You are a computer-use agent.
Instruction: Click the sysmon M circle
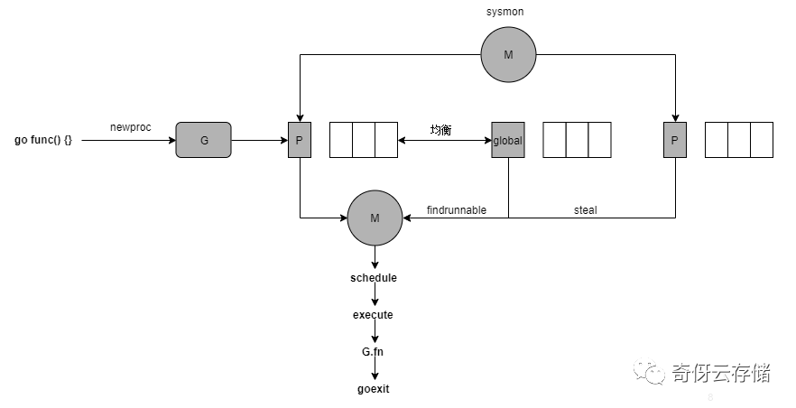(507, 54)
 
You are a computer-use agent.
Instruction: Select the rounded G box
(203, 140)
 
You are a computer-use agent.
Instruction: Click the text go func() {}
(42, 141)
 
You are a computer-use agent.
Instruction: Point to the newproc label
(131, 127)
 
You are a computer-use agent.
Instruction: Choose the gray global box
(507, 140)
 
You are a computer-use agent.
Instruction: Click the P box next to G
(300, 140)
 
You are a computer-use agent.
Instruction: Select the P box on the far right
(674, 140)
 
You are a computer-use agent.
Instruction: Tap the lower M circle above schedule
(374, 217)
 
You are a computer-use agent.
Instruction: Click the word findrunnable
(457, 210)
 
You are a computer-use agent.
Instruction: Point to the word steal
(585, 210)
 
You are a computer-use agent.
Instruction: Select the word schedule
(374, 277)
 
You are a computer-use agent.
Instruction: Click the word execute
(374, 315)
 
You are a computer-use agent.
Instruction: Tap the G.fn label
(374, 352)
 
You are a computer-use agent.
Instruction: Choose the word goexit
(374, 389)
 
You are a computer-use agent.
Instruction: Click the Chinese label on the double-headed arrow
(440, 130)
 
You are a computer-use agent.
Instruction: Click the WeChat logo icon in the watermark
(648, 371)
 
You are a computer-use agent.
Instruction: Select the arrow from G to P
(259, 140)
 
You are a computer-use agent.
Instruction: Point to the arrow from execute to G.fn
(374, 333)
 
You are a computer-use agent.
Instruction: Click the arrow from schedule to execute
(374, 296)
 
